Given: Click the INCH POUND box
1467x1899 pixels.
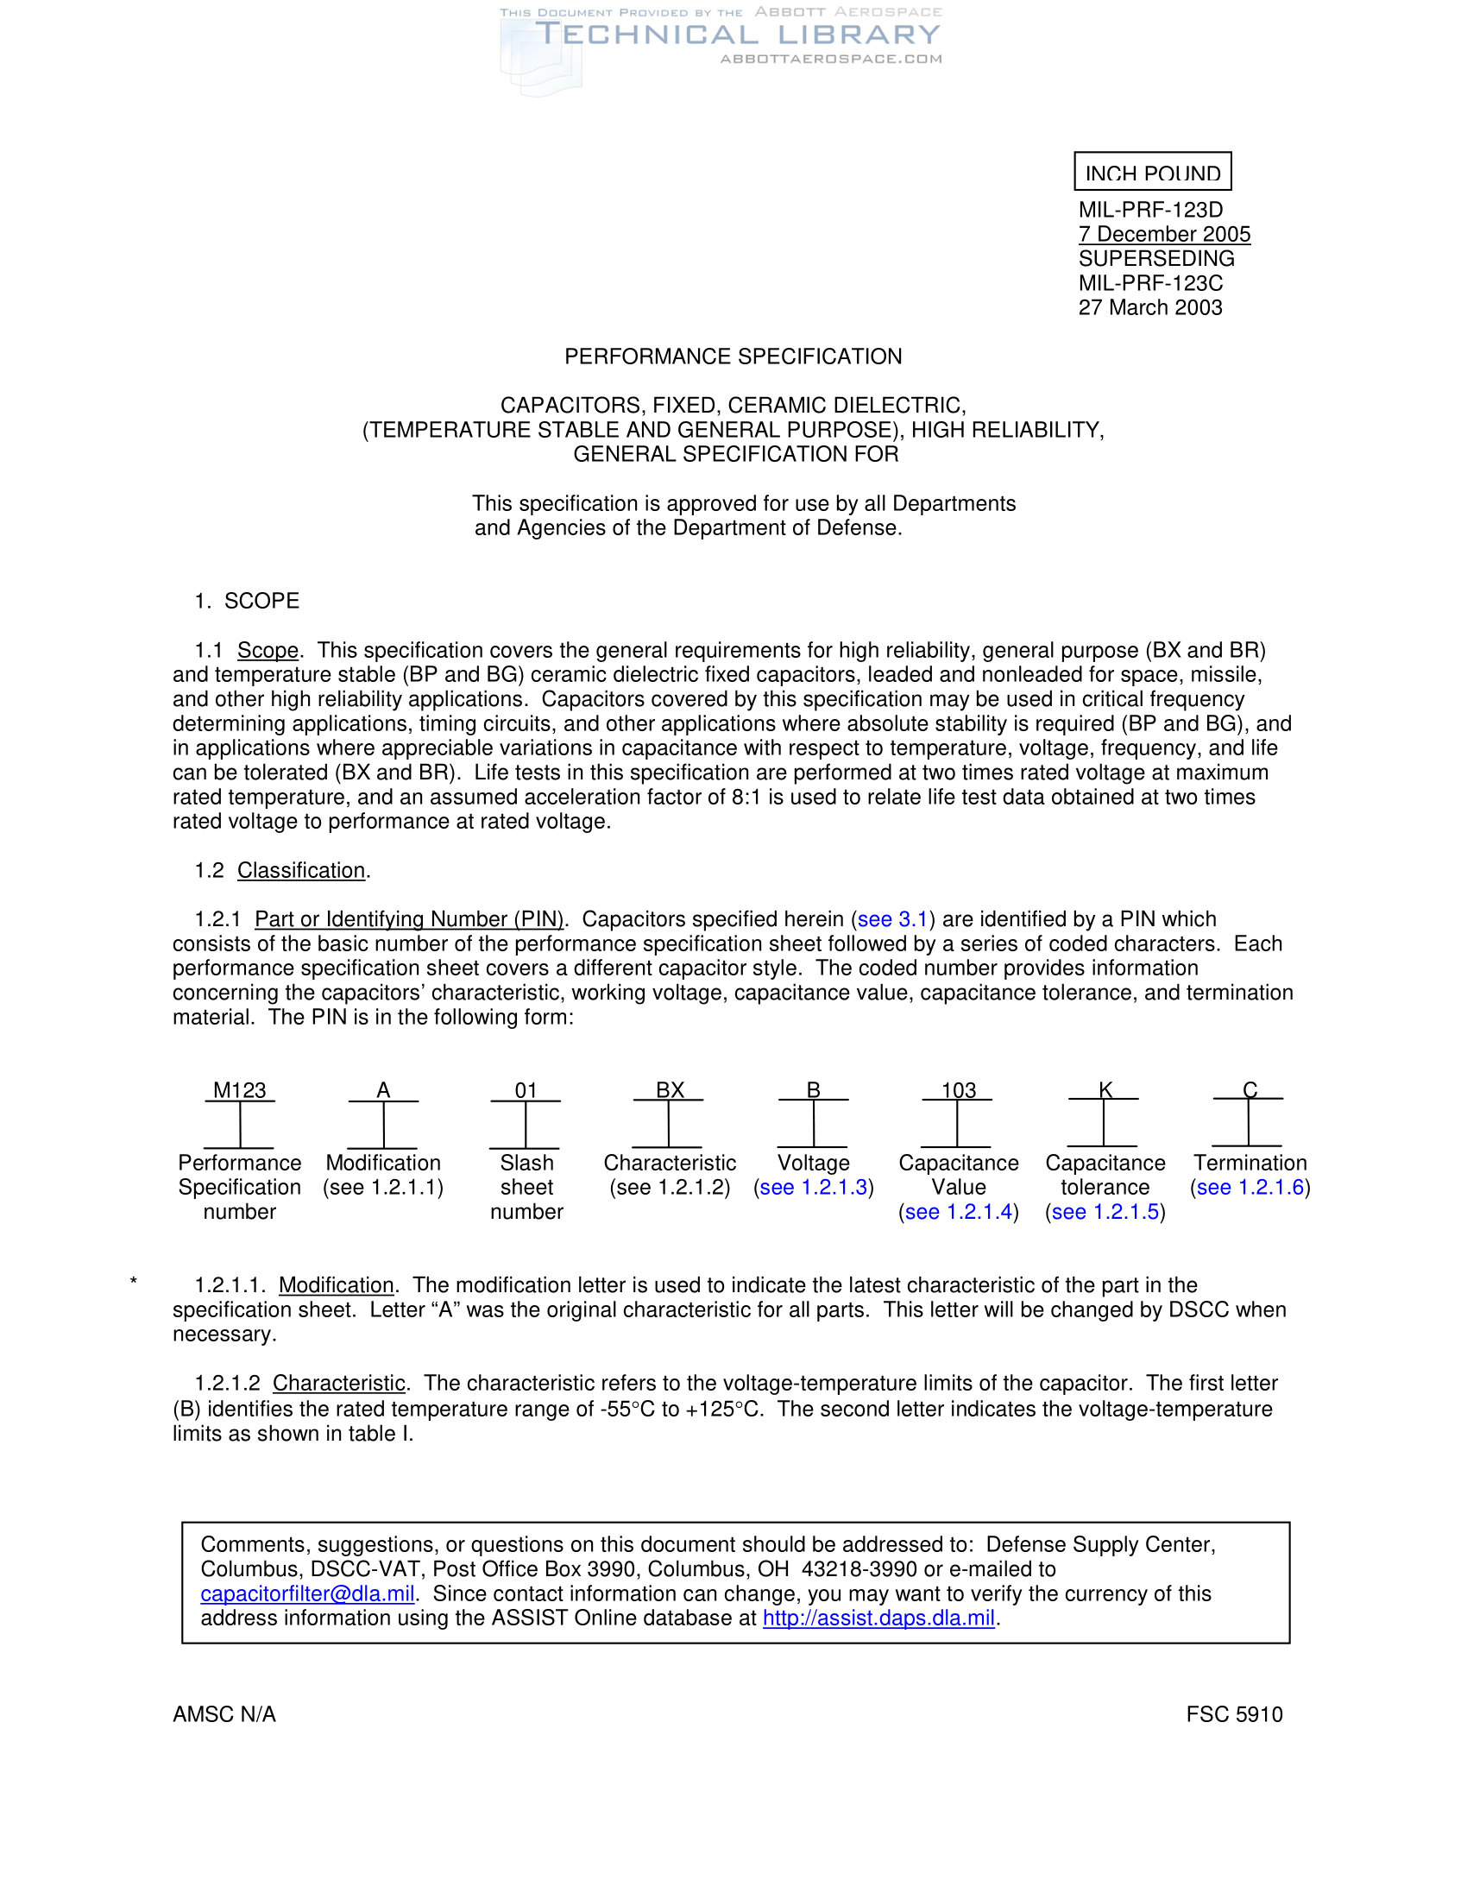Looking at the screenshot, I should coord(1152,172).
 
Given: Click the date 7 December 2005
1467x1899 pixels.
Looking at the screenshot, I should coord(1164,234).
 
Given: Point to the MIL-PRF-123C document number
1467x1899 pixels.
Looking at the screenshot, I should coord(1149,282).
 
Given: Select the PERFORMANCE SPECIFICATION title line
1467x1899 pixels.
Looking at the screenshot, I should coord(733,356).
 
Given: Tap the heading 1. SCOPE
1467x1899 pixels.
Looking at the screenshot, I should coord(247,601).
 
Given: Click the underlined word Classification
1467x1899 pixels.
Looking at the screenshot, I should coord(300,870).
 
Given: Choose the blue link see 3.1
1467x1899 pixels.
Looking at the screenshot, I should coord(892,919).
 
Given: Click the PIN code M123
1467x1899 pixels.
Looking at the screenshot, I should coord(239,1090).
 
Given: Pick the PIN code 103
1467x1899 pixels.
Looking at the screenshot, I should coord(958,1090).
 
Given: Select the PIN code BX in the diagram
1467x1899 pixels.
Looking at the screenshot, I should coord(669,1090).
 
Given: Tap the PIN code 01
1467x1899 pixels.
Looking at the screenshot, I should coord(526,1090).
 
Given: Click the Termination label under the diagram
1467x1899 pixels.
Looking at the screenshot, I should coord(1250,1163).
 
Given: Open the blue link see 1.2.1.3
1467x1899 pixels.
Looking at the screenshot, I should coord(814,1187).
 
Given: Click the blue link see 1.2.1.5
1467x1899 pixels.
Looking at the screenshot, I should coord(1105,1211).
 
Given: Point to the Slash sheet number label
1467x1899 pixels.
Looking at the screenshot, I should coord(526,1187).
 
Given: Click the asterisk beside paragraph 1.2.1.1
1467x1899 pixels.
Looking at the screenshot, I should coord(133,1283).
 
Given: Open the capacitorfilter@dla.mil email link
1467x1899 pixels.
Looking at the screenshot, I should coord(307,1593).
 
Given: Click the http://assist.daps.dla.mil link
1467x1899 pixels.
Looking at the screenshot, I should coord(878,1618).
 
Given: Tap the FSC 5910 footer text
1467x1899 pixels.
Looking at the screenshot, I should coord(1234,1713).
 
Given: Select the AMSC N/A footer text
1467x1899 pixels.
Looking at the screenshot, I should coord(224,1713).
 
